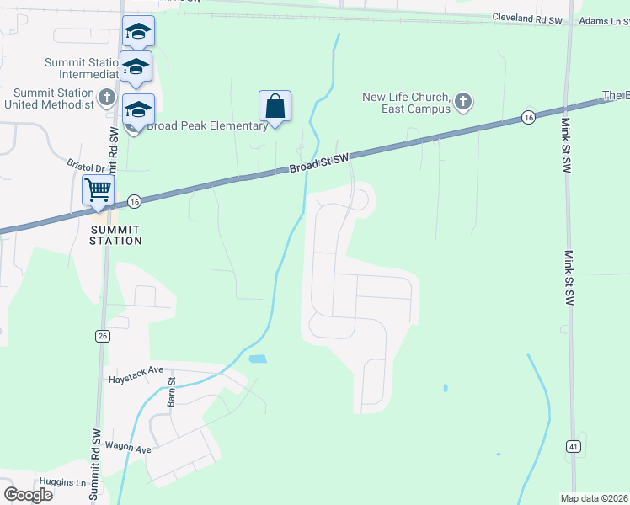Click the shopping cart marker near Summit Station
pos(98,191)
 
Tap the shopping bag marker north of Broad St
pos(275,107)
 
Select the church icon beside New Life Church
pos(462,103)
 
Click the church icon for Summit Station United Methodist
pos(106,98)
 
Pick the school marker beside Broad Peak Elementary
pos(138,110)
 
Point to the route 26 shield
pos(103,336)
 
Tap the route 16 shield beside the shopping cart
pos(134,201)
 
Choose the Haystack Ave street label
pos(136,370)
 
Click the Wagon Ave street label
pos(128,448)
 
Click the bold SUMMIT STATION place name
pos(116,235)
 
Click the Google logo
pos(29,495)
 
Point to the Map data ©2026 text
pos(595,498)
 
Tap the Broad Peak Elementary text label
pos(207,126)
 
